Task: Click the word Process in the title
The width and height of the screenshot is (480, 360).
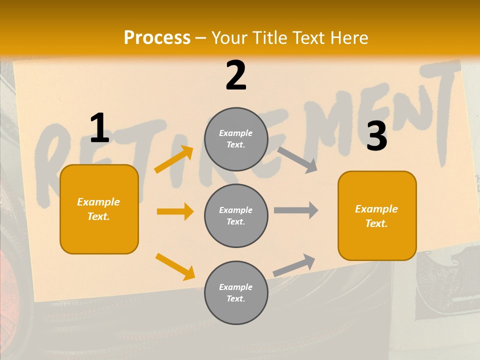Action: pos(157,37)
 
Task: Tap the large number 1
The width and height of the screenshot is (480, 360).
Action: pos(99,128)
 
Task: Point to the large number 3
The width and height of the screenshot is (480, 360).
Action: pos(376,136)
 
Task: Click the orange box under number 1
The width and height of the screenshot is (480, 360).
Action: pos(99,209)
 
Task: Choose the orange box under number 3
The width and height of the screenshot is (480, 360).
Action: pos(377,216)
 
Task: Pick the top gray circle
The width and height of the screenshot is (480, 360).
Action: pos(236,139)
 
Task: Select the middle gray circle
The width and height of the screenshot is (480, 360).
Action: pos(236,216)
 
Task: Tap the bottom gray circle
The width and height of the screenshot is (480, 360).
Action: pos(236,293)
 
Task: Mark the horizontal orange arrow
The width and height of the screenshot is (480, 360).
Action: pos(175,211)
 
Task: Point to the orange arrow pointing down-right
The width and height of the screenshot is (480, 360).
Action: pos(175,266)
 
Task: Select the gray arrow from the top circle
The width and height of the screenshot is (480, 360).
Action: pos(297,158)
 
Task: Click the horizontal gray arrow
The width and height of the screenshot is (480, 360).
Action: pos(296,210)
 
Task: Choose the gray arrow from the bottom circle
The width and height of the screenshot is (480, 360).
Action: pos(294,265)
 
